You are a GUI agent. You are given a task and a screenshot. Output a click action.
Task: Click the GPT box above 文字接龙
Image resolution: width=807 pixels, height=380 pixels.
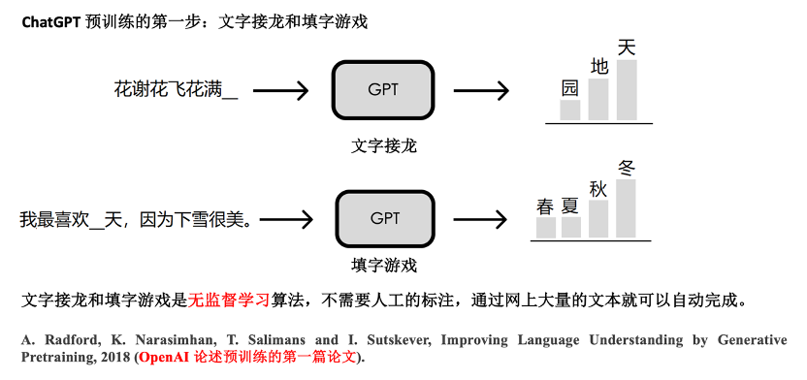point(382,90)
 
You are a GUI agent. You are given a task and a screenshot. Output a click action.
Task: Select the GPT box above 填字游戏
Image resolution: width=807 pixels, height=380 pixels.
point(384,218)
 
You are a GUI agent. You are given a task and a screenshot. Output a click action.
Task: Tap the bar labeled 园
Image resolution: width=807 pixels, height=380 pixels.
point(570,110)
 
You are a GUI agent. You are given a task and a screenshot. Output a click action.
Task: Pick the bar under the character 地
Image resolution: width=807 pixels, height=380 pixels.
point(598,99)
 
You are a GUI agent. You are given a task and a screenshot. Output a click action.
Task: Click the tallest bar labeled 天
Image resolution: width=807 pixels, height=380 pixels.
point(627,90)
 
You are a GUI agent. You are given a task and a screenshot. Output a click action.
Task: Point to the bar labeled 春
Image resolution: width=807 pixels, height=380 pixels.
point(546,227)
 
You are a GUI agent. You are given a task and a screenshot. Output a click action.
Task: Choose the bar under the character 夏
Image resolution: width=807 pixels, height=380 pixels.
point(571,227)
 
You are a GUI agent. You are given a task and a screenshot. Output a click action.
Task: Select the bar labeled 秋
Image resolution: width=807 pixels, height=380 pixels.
point(598,218)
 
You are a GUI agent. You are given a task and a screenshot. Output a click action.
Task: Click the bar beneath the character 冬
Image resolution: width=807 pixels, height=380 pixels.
point(627,207)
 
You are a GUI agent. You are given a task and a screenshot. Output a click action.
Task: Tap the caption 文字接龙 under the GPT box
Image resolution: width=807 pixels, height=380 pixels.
point(383,146)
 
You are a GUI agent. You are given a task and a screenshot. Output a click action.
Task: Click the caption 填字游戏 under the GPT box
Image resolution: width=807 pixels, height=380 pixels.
point(384,265)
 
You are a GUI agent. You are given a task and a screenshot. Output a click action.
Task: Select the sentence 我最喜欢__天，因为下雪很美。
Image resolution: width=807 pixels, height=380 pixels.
point(136,220)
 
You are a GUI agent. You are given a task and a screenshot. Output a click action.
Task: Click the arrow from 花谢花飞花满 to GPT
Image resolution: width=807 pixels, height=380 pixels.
point(280,91)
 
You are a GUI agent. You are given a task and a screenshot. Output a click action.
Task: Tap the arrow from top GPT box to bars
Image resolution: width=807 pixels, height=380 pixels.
point(481,91)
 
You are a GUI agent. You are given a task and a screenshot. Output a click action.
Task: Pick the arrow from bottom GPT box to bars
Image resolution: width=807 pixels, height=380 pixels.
point(482,219)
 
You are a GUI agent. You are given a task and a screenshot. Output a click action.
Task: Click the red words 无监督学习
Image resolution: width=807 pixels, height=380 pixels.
point(229,300)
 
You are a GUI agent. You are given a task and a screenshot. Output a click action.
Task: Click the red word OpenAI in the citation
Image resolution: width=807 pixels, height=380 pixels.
point(161,357)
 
